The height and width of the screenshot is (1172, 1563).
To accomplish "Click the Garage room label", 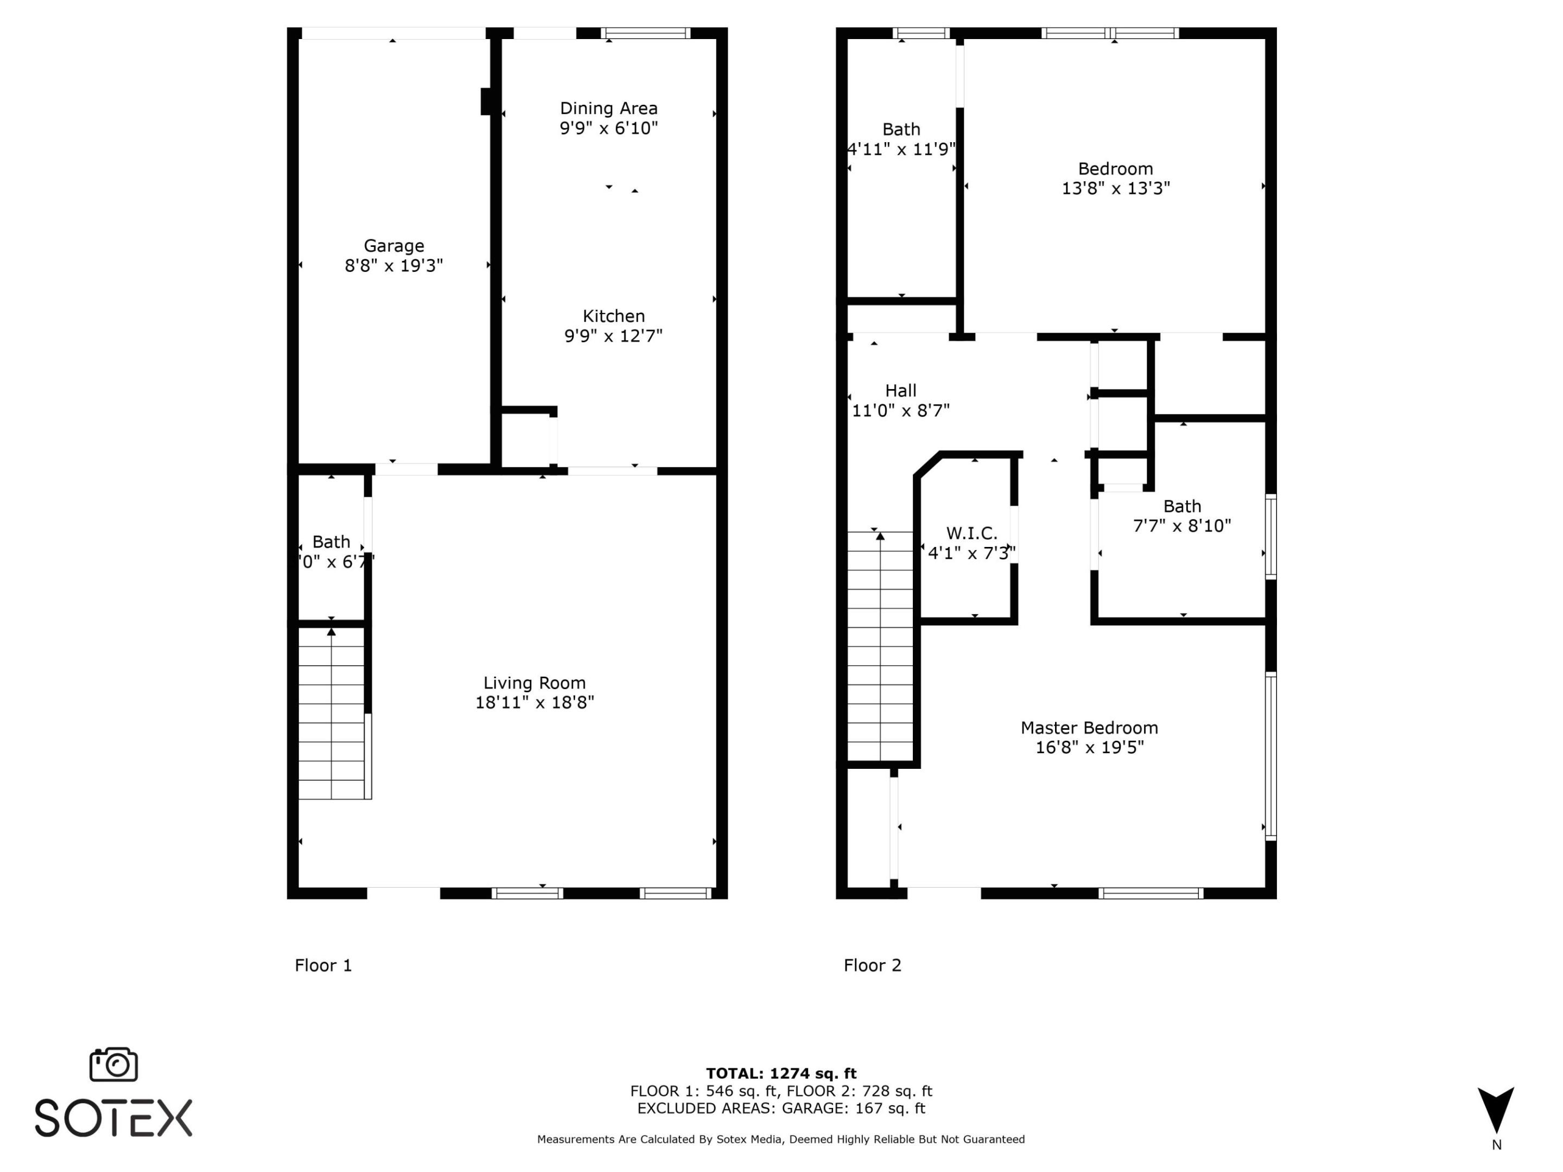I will pyautogui.click(x=393, y=246).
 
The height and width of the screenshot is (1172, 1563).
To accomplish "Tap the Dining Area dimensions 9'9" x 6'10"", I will pyautogui.click(x=608, y=128).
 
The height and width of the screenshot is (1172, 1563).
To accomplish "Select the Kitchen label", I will pyautogui.click(x=613, y=316).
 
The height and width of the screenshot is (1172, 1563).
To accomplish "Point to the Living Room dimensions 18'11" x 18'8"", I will pyautogui.click(x=534, y=702).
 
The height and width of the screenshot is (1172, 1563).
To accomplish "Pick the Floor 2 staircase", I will pyautogui.click(x=880, y=646).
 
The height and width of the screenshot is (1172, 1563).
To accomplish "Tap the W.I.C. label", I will pyautogui.click(x=971, y=533).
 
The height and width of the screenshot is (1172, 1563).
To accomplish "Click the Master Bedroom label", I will pyautogui.click(x=1089, y=728).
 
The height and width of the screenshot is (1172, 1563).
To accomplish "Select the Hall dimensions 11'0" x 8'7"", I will pyautogui.click(x=900, y=410).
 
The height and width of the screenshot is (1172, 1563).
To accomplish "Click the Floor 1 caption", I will pyautogui.click(x=323, y=965).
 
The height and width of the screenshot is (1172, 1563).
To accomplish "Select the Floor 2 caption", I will pyautogui.click(x=872, y=965).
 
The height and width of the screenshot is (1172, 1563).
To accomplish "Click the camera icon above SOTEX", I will pyautogui.click(x=113, y=1064).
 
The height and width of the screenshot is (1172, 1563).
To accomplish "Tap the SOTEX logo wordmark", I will pyautogui.click(x=113, y=1118).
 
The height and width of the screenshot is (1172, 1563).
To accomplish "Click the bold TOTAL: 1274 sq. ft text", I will pyautogui.click(x=781, y=1074).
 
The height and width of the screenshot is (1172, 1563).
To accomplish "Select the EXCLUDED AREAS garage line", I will pyautogui.click(x=781, y=1108).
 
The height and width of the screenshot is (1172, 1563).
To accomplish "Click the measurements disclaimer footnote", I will pyautogui.click(x=781, y=1139).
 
